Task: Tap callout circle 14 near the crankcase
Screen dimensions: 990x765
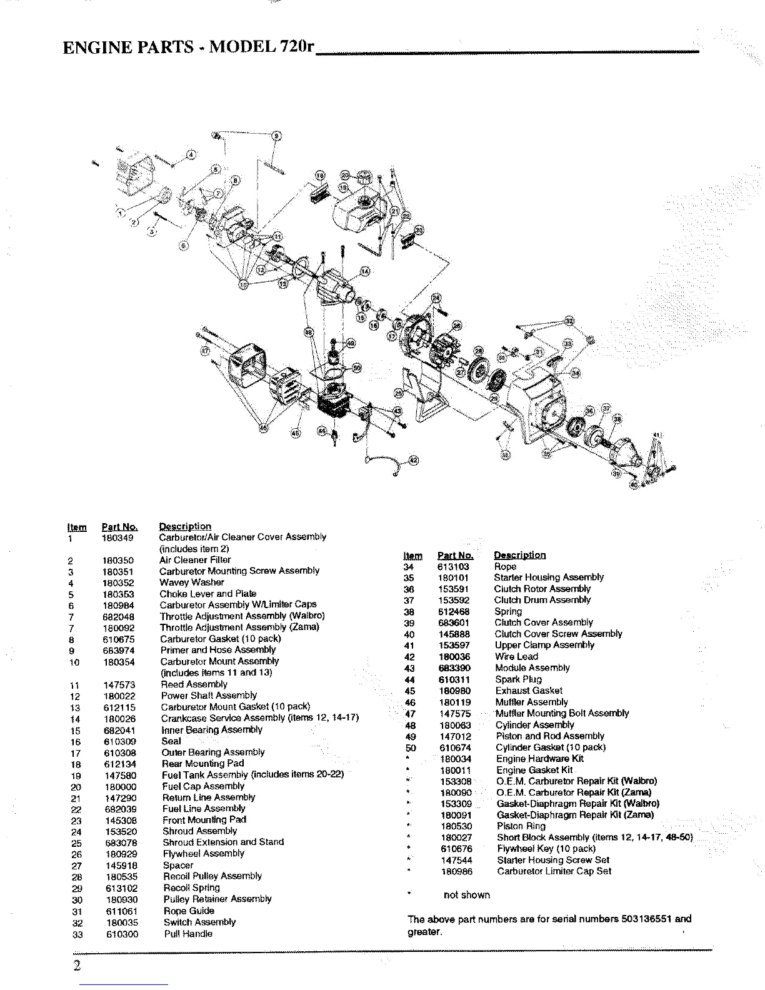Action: click(x=365, y=271)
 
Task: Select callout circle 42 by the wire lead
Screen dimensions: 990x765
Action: click(x=413, y=460)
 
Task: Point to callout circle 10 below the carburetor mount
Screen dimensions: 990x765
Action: click(x=244, y=284)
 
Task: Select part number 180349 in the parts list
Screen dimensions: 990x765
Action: click(x=117, y=537)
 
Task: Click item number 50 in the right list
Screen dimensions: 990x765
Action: click(x=411, y=747)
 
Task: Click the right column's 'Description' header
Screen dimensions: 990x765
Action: click(x=519, y=555)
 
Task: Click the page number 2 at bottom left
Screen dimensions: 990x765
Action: click(x=76, y=966)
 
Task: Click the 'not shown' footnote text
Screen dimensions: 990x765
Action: click(x=466, y=895)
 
